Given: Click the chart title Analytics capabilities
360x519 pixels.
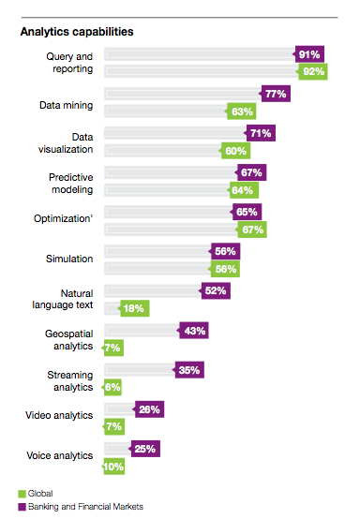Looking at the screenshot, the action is click(x=77, y=32).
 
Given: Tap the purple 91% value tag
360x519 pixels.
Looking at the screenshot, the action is click(x=309, y=54).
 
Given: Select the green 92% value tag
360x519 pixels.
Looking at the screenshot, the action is click(x=313, y=71).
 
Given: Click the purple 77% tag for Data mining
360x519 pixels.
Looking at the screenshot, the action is click(x=276, y=94).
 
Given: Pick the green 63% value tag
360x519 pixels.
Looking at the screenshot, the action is click(x=242, y=111).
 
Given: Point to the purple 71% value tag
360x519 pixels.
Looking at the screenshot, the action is click(x=261, y=133).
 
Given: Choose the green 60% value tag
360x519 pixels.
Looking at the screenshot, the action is click(x=235, y=151).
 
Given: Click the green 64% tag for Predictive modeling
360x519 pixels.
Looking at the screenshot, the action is click(x=244, y=190).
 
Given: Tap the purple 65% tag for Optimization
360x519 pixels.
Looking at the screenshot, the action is click(x=247, y=212).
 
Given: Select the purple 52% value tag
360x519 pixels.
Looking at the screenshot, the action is click(x=216, y=291).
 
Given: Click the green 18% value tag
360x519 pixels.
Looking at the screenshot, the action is click(x=134, y=308).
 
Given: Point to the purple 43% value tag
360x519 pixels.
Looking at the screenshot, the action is click(x=193, y=331).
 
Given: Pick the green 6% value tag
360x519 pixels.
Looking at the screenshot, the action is click(x=112, y=387).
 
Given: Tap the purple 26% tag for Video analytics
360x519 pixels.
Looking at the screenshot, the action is click(x=149, y=409).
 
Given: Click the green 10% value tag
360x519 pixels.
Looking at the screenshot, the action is click(x=113, y=467).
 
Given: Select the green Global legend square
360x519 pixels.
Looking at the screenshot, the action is click(x=22, y=494).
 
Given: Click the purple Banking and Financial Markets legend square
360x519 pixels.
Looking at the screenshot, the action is click(x=22, y=507).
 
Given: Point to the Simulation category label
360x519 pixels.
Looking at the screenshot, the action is click(x=69, y=259).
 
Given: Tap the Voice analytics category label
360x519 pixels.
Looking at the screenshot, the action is click(x=60, y=456).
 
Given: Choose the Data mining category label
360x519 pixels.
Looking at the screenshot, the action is click(x=67, y=106).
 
